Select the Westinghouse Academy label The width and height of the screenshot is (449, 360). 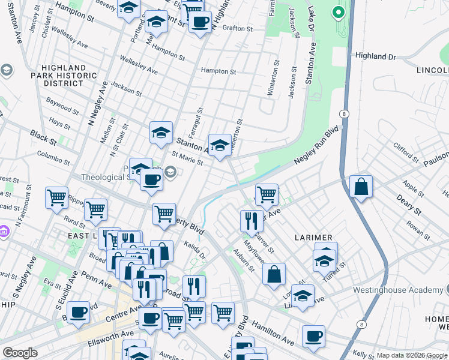click(x=406, y=290)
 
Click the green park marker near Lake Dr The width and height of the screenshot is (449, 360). click(x=338, y=11)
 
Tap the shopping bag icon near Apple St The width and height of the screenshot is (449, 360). click(x=361, y=187)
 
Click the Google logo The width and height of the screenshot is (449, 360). click(x=20, y=353)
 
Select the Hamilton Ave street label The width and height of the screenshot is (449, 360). click(x=273, y=332)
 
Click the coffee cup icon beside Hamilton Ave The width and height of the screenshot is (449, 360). click(x=313, y=336)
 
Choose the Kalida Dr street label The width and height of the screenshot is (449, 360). click(x=195, y=251)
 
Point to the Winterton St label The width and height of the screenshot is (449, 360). click(x=277, y=74)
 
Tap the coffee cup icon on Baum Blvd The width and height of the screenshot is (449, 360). click(x=78, y=313)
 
